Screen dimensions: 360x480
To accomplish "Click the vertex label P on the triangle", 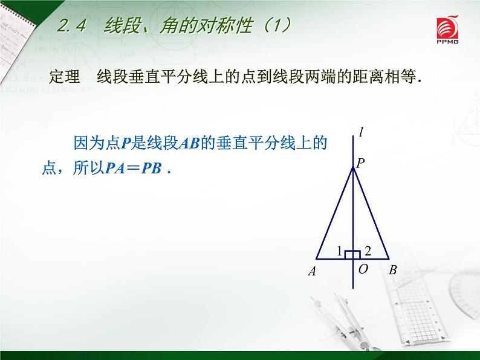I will point(360,162).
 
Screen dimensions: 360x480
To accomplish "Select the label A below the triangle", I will point(312,272).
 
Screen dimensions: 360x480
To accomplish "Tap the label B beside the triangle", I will point(392,271).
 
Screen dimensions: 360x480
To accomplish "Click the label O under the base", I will point(363,269).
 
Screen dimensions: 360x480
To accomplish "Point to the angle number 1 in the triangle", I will point(339,250).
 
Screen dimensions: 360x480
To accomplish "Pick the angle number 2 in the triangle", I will point(368,250).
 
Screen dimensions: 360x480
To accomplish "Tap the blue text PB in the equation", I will point(151,169).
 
